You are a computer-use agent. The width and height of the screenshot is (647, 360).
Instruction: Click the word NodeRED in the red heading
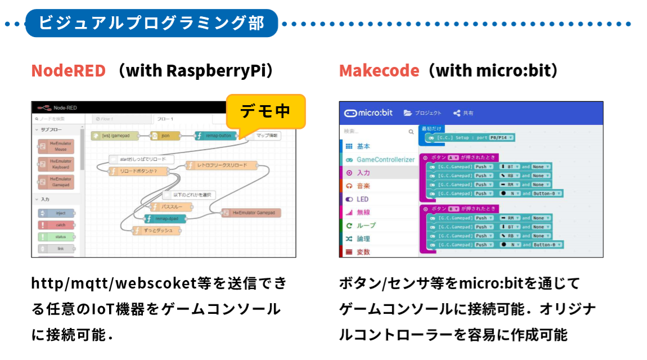[x=68, y=71]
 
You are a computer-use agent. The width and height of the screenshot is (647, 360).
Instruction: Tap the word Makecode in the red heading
[x=379, y=71]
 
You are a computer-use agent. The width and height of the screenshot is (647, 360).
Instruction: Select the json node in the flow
[x=165, y=136]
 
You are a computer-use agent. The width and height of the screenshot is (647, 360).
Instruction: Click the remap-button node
[x=215, y=136]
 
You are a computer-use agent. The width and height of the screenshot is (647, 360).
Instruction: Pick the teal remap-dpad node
[x=164, y=219]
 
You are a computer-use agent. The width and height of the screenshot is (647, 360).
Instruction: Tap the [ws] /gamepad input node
[x=115, y=136]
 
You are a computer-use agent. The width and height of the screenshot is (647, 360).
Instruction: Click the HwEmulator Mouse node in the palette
[x=56, y=147]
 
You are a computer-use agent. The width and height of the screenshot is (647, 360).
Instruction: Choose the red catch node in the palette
[x=56, y=225]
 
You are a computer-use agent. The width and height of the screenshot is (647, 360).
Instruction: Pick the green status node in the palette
[x=56, y=237]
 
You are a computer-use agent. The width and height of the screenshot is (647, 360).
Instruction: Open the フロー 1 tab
[x=165, y=119]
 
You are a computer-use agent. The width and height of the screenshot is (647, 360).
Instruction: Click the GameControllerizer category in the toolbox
[x=385, y=160]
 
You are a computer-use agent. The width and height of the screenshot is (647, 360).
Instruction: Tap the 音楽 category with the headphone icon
[x=363, y=186]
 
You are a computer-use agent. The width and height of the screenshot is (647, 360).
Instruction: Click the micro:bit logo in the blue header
[x=369, y=112]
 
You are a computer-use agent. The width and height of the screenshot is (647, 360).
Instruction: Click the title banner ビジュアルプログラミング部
[x=151, y=23]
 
